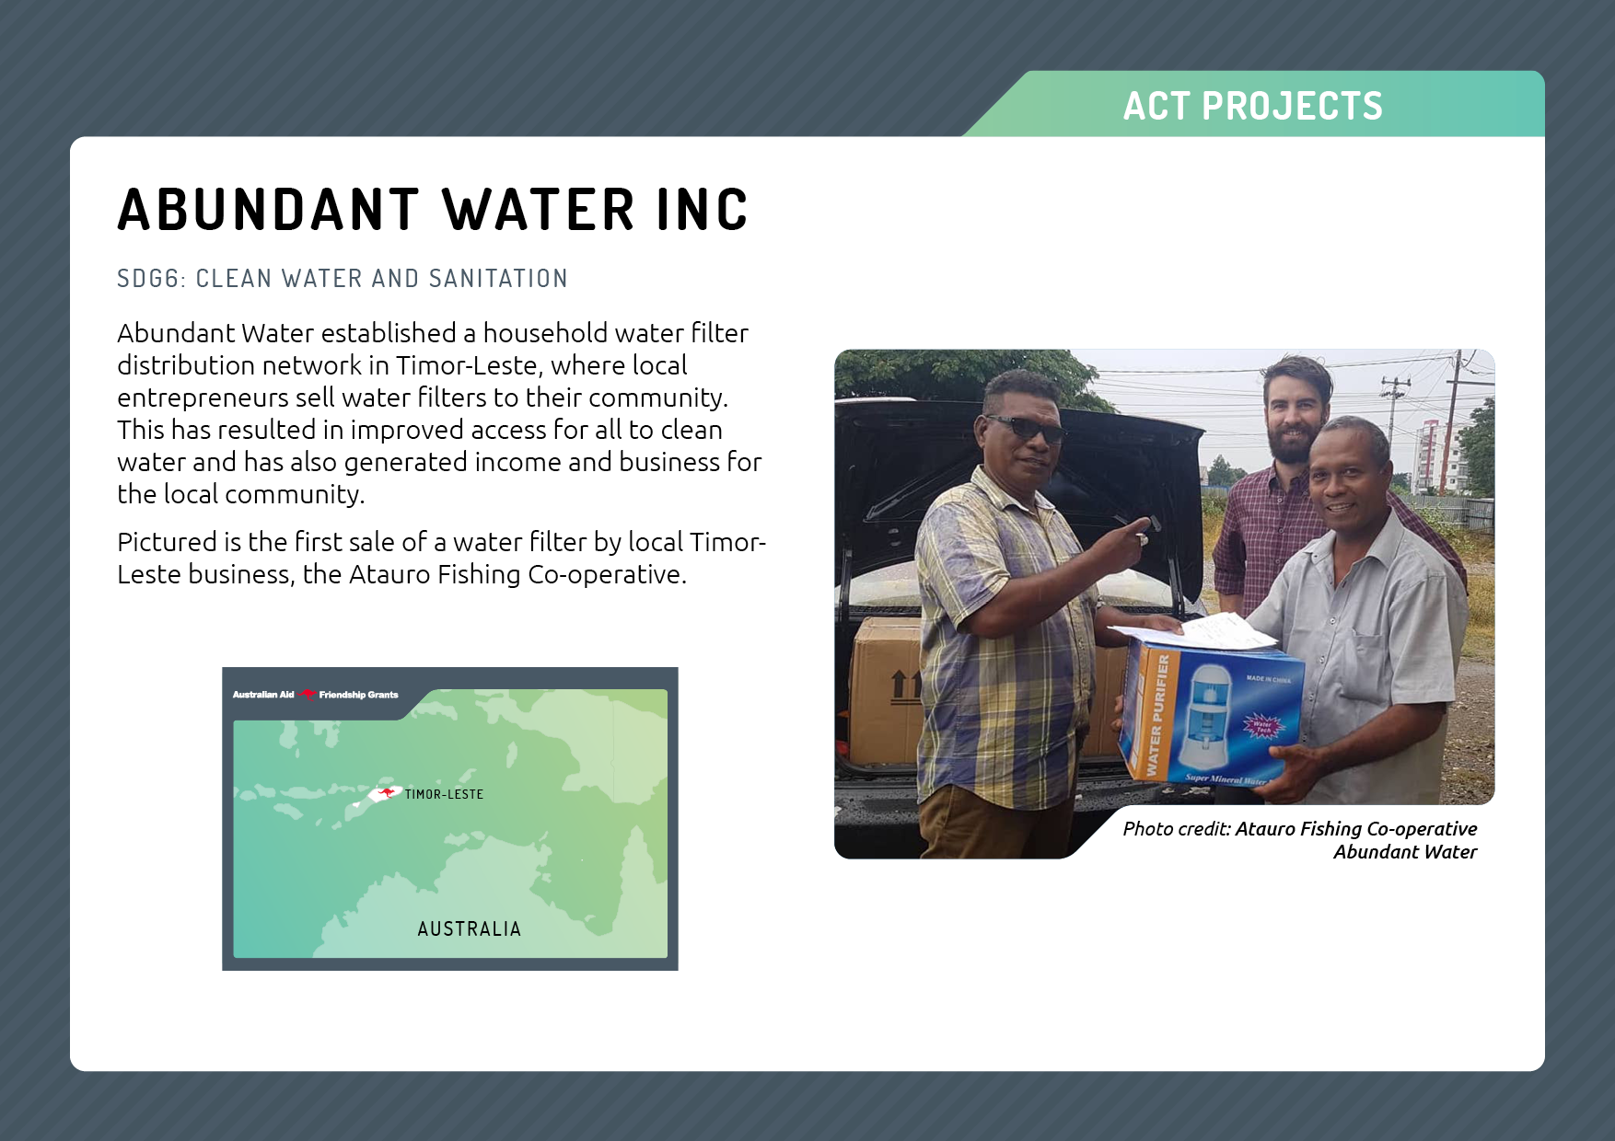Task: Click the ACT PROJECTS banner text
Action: click(x=1252, y=106)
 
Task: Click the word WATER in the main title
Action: click(x=539, y=210)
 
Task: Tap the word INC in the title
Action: click(x=702, y=210)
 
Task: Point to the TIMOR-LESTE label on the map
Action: click(x=444, y=794)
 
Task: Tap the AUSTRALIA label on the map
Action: click(x=470, y=928)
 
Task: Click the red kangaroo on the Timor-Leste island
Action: click(x=386, y=792)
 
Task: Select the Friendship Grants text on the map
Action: click(x=358, y=695)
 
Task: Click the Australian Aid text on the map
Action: click(x=263, y=695)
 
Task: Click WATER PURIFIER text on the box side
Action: click(x=1158, y=716)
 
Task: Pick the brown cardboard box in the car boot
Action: click(x=887, y=690)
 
